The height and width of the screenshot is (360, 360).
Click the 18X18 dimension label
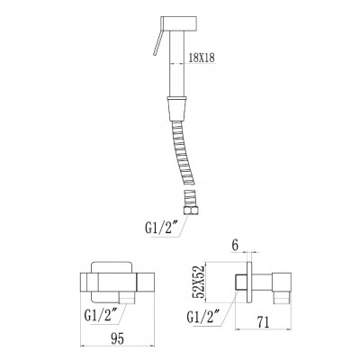[x=202, y=58]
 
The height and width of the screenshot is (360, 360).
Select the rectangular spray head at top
[x=179, y=24]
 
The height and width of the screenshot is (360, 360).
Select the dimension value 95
[x=118, y=338]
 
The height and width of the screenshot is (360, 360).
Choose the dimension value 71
[x=263, y=322]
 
